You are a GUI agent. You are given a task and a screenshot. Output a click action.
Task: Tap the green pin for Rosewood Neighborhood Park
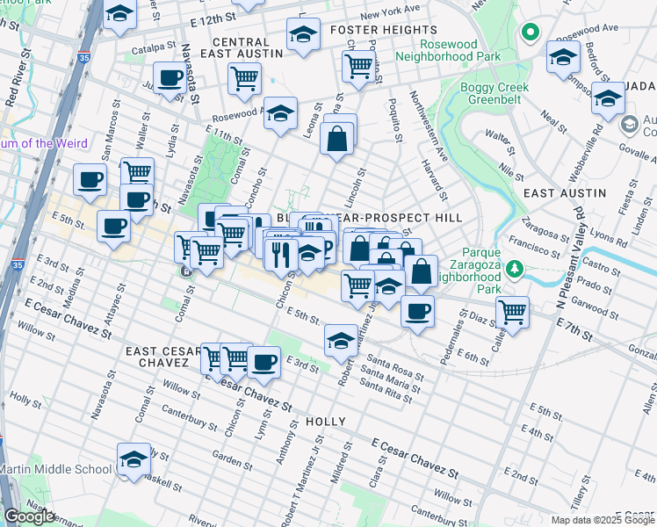pos(529,34)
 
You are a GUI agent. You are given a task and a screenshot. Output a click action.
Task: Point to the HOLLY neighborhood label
pos(327,422)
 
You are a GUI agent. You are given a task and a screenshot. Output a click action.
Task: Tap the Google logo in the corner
pos(29,516)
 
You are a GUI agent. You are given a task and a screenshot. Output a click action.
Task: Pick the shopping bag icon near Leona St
pos(337,137)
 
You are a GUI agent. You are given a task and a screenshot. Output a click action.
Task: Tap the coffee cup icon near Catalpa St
pos(170,78)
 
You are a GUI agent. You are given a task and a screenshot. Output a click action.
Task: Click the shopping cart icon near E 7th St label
pos(511,310)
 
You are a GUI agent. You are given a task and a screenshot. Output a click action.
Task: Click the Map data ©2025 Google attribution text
pos(603,519)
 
